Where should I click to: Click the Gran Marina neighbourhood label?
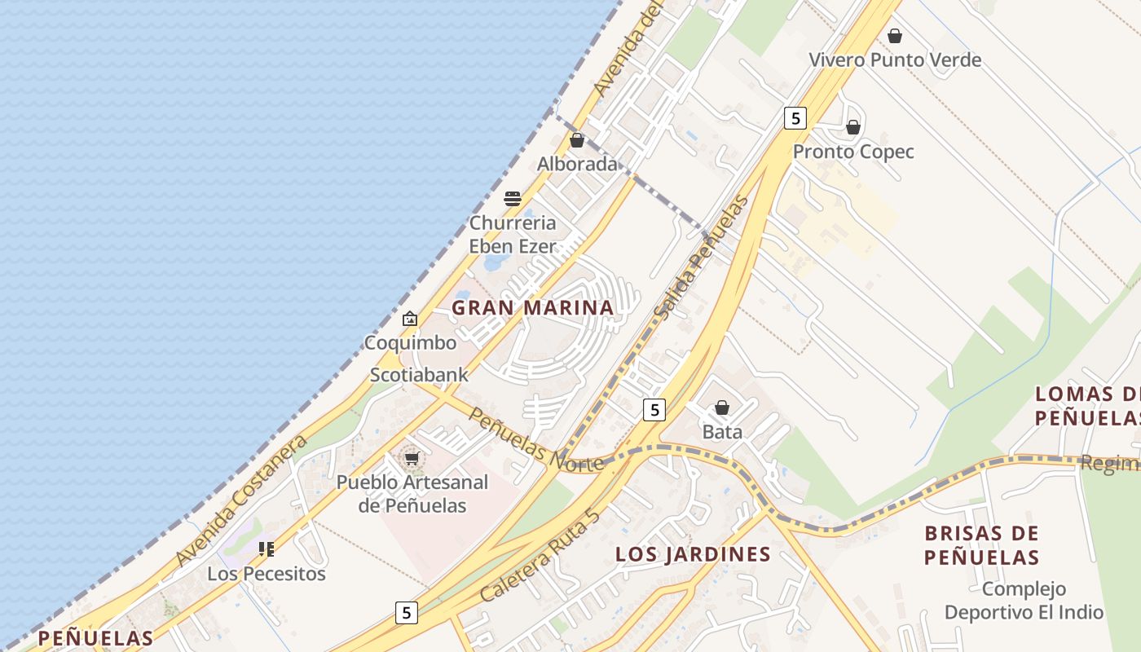[x=533, y=308]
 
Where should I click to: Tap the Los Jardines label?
[x=693, y=555]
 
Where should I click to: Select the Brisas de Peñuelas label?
[x=982, y=545]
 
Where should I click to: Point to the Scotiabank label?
[x=420, y=375]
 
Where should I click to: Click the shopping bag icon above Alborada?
[x=577, y=140]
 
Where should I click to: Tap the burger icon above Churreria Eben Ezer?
[x=513, y=198]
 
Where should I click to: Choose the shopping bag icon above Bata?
[x=722, y=407]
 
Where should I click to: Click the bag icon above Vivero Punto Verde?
[x=895, y=36]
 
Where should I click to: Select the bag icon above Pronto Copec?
[x=853, y=127]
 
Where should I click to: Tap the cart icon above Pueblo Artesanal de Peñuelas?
[x=412, y=458]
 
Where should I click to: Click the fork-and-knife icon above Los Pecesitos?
[x=267, y=549]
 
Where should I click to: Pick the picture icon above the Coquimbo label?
[x=410, y=319]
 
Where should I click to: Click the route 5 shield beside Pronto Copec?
[x=795, y=118]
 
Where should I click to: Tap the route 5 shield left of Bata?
[x=654, y=409]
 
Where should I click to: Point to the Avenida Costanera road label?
[x=242, y=500]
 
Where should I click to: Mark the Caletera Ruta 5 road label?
[x=540, y=556]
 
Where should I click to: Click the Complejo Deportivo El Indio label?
[x=1024, y=601]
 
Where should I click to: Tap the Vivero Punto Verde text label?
[x=895, y=60]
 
